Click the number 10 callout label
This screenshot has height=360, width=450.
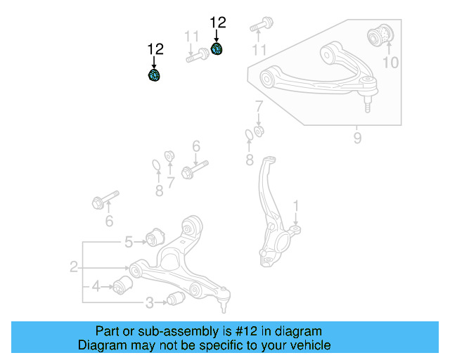[x=390, y=63]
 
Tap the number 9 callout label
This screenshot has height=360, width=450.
[x=357, y=139]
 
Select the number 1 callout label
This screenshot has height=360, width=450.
[x=296, y=206]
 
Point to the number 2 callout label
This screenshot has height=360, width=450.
[x=73, y=267]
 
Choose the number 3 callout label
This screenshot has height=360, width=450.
[x=129, y=243]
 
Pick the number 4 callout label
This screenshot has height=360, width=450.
[x=96, y=286]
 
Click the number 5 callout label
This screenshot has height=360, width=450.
[x=129, y=243]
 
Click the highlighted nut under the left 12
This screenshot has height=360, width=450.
[x=154, y=75]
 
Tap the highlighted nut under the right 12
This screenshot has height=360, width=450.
[x=217, y=49]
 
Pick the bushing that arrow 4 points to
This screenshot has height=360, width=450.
[x=124, y=285]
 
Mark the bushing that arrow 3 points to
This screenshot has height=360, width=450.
[x=176, y=300]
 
